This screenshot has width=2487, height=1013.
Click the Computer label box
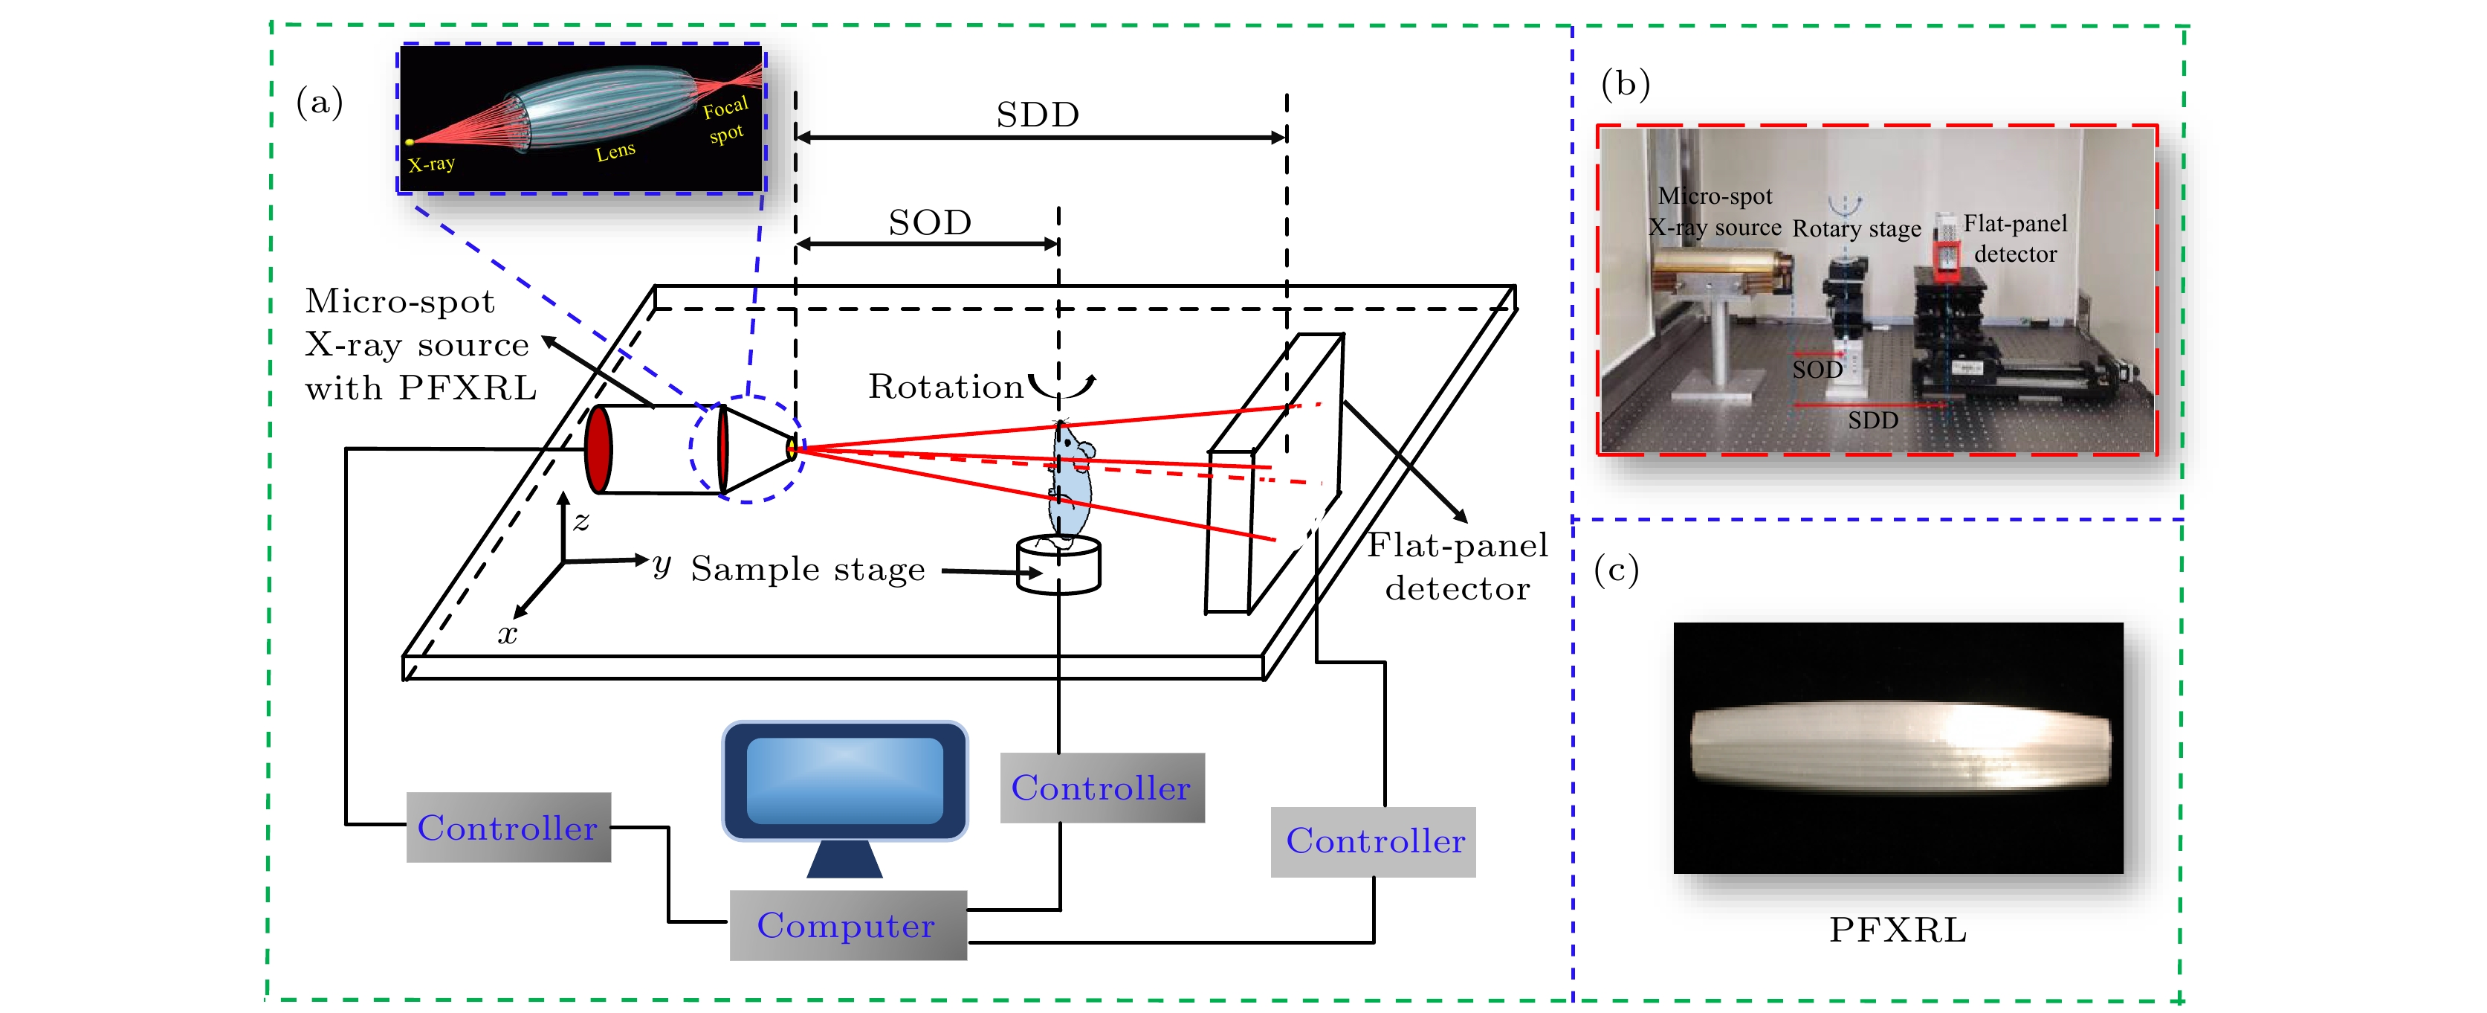pyautogui.click(x=847, y=925)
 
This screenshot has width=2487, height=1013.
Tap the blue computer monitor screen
pyautogui.click(x=845, y=780)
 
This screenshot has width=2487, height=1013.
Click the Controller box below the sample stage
pyautogui.click(x=1102, y=788)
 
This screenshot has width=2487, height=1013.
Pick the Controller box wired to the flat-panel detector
pyautogui.click(x=1373, y=841)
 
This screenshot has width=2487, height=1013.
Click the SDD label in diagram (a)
pyautogui.click(x=1037, y=115)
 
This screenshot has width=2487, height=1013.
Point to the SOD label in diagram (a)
pyautogui.click(x=929, y=223)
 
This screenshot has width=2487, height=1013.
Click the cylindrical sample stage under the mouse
pyautogui.click(x=1059, y=566)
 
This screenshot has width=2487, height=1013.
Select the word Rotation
pyautogui.click(x=945, y=386)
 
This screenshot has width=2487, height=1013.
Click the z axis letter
pyautogui.click(x=581, y=521)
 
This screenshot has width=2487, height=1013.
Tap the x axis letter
pyautogui.click(x=507, y=634)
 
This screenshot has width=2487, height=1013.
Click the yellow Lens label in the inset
pyautogui.click(x=615, y=152)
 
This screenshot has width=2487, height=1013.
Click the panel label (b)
pyautogui.click(x=1625, y=84)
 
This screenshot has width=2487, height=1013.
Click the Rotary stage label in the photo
pyautogui.click(x=1857, y=229)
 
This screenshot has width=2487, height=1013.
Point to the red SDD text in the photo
pyautogui.click(x=1872, y=420)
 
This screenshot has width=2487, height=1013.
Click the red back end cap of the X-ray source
pyautogui.click(x=598, y=449)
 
